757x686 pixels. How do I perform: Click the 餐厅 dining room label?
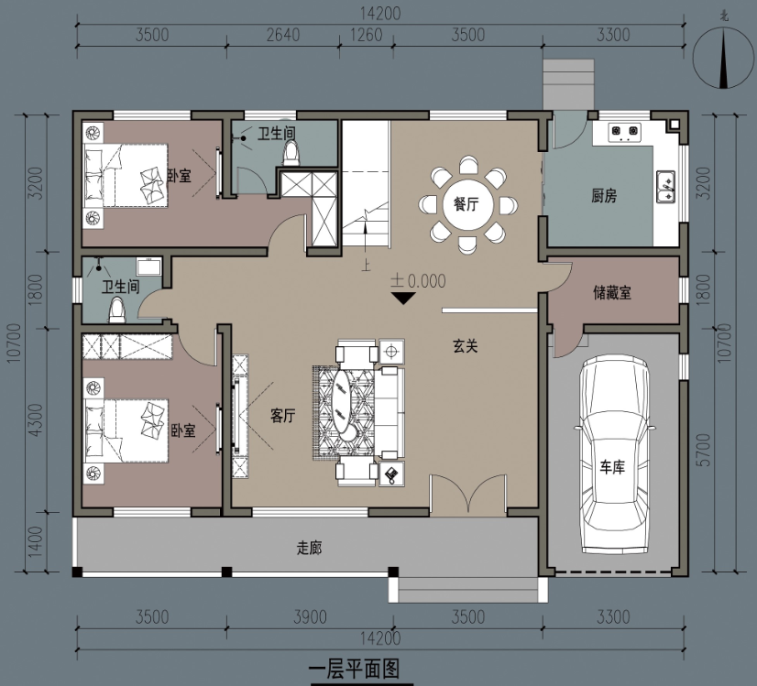point(466,204)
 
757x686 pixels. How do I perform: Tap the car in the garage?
point(612,454)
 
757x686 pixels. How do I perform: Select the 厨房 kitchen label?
point(604,196)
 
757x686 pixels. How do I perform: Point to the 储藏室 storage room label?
point(612,292)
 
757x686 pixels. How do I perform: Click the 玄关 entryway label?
point(466,345)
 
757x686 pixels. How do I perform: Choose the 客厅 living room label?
point(283,416)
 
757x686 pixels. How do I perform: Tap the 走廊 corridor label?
point(309,548)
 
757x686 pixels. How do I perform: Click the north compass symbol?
point(723,58)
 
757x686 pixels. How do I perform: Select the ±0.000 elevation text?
point(419,281)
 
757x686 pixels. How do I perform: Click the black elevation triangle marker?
point(403,299)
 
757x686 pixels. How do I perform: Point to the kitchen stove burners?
point(624,132)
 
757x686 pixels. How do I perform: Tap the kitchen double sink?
point(665,187)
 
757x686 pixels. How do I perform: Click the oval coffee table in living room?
point(346,405)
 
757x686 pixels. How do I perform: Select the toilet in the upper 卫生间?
point(291,153)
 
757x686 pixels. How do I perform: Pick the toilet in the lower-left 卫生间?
point(116,310)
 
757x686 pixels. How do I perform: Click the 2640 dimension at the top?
point(283,35)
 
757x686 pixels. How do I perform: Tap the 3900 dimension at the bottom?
point(310,617)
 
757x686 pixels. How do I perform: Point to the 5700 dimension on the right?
point(705,450)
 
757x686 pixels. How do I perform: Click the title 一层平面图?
point(355,670)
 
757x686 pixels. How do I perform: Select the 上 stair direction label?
point(366,265)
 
